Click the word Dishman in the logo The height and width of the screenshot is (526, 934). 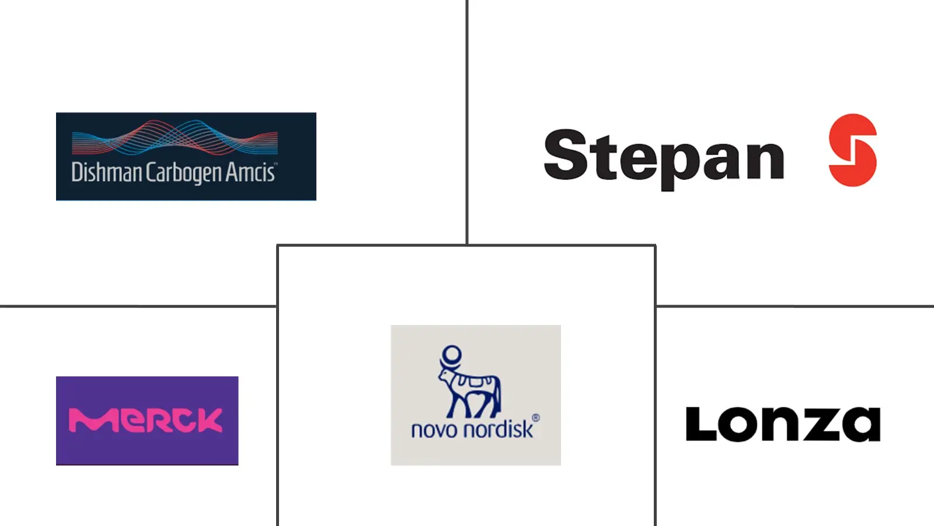[107, 172]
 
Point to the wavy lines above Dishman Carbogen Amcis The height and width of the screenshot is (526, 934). [175, 137]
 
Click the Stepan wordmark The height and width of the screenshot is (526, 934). [664, 159]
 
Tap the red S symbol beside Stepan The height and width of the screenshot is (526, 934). [853, 150]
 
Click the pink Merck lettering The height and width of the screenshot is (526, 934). [145, 420]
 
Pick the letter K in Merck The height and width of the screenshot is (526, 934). [208, 420]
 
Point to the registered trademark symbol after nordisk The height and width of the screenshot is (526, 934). [536, 418]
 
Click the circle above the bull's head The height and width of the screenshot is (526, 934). [452, 355]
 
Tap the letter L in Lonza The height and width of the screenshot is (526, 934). [701, 424]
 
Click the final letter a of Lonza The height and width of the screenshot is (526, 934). [861, 424]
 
